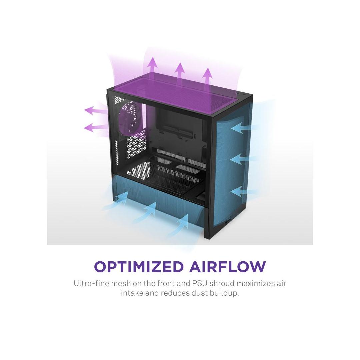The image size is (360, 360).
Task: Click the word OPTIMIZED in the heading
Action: (x=139, y=266)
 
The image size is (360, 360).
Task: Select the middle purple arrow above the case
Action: (x=180, y=72)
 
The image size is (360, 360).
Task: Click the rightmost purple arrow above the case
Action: (x=208, y=77)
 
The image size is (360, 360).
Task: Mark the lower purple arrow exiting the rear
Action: (x=96, y=127)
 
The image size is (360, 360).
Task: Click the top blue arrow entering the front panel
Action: (x=244, y=127)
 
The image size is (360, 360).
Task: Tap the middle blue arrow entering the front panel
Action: (x=244, y=159)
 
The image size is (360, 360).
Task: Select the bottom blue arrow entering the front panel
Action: (x=244, y=191)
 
